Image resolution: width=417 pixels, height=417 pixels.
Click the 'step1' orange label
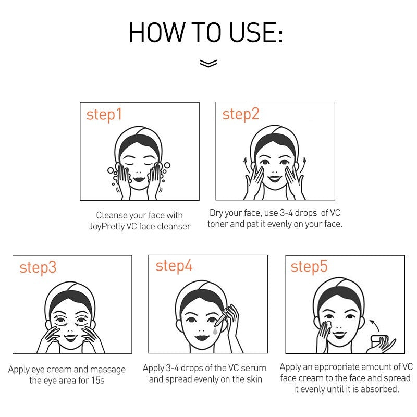[x=104, y=115]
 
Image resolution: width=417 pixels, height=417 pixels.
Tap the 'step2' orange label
[x=241, y=114]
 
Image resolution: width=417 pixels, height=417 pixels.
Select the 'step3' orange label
[x=38, y=268]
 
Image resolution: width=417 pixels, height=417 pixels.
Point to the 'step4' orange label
[x=174, y=266]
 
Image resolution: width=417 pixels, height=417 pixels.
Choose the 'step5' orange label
[x=309, y=267]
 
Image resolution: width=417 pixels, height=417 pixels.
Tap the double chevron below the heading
[x=208, y=63]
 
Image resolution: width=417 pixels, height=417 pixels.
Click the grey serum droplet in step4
[x=215, y=331]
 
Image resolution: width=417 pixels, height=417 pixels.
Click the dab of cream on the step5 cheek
[x=328, y=324]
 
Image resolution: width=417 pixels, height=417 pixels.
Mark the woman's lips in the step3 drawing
[x=71, y=338]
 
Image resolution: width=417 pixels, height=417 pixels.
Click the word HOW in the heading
[x=156, y=33]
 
